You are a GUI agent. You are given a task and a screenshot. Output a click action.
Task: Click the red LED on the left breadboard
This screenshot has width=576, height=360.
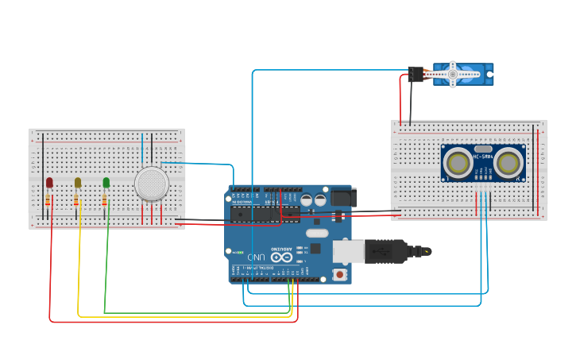tap(49, 183)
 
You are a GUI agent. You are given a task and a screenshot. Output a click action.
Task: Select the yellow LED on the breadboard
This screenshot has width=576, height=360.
tap(78, 183)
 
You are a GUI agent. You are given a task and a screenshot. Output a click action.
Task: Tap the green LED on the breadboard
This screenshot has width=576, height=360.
tap(106, 183)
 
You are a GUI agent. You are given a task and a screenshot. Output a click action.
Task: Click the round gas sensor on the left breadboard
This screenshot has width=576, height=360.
tap(151, 184)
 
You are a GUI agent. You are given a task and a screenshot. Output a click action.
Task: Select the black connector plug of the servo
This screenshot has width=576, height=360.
tap(415, 74)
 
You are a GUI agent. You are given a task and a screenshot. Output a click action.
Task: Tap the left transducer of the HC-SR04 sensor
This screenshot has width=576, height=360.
tap(457, 162)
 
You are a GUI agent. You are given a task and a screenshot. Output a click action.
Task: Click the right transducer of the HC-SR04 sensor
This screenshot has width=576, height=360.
tap(509, 162)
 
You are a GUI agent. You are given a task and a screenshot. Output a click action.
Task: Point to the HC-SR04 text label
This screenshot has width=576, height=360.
tap(483, 157)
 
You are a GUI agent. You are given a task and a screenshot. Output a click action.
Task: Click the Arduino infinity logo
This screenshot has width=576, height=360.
tap(281, 257)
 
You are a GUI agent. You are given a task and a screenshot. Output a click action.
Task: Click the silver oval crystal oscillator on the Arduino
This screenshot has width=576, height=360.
tap(316, 233)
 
